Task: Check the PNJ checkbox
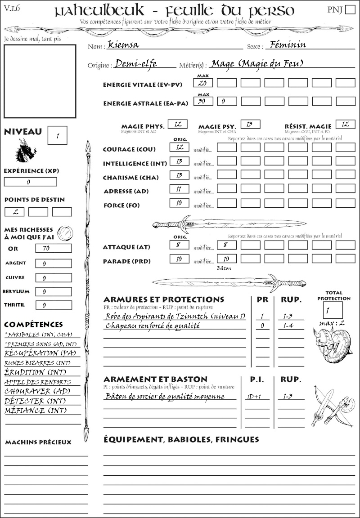click(349, 10)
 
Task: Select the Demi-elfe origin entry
click(136, 64)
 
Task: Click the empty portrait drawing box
click(40, 80)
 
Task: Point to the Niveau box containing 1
click(58, 135)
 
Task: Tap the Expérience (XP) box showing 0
click(30, 182)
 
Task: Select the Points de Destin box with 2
click(14, 212)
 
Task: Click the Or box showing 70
click(53, 248)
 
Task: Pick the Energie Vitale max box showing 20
click(203, 83)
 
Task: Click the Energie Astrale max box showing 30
click(203, 102)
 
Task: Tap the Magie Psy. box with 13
click(250, 124)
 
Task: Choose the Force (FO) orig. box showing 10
click(179, 203)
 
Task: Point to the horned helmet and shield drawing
click(332, 346)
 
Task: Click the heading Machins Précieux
click(38, 442)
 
